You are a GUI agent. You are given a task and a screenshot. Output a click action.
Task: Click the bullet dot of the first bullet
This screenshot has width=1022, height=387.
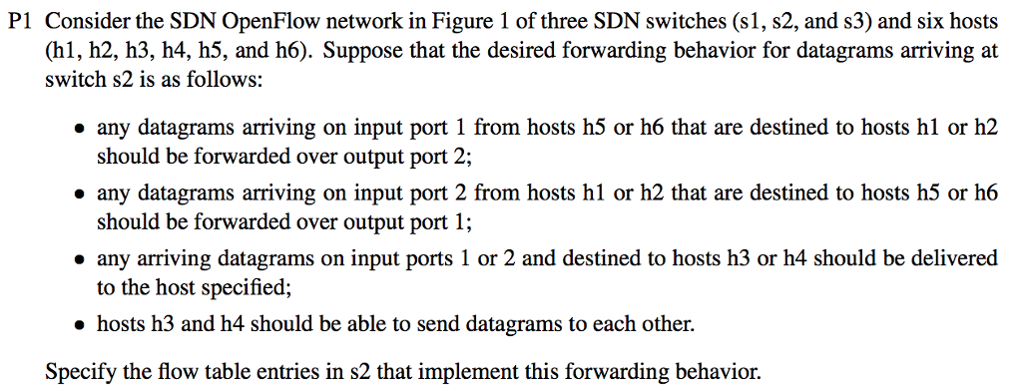[78, 129]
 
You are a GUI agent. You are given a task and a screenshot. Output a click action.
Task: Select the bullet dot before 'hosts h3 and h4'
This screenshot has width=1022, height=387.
[78, 325]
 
